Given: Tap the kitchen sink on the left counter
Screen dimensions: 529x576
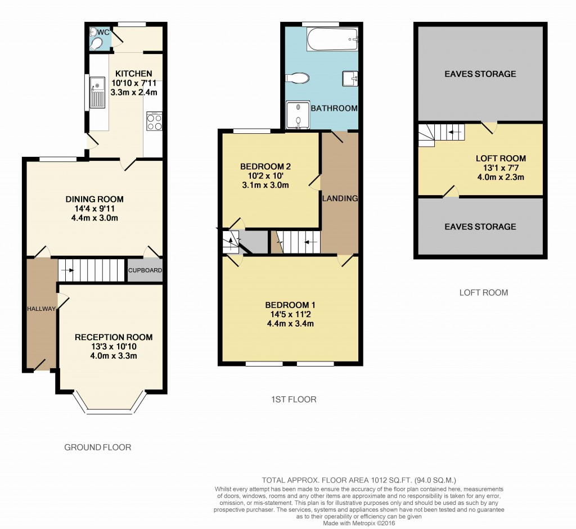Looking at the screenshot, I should coord(97,93).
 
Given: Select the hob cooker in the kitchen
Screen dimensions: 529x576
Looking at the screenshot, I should coord(154,121).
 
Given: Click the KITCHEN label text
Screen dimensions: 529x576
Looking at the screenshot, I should coord(134,74).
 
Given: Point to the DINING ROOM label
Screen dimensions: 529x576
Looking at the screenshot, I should coord(94,199).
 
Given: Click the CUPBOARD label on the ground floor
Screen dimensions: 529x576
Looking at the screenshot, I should coord(145,270).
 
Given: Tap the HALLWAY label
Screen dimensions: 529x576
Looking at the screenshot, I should coord(42,309).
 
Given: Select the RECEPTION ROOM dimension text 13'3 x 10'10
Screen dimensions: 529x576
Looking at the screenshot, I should coord(114,346).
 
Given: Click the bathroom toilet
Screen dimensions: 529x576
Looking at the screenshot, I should coord(296,78).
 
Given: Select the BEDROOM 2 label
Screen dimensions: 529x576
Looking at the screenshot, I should coord(265,166).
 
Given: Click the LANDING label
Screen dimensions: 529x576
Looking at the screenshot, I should coord(340,198).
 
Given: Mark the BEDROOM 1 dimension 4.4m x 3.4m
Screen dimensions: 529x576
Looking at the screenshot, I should coord(290,323).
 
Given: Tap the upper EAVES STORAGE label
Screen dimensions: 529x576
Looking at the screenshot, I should coord(480,74).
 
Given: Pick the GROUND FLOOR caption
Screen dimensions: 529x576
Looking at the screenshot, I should coord(98,447).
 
